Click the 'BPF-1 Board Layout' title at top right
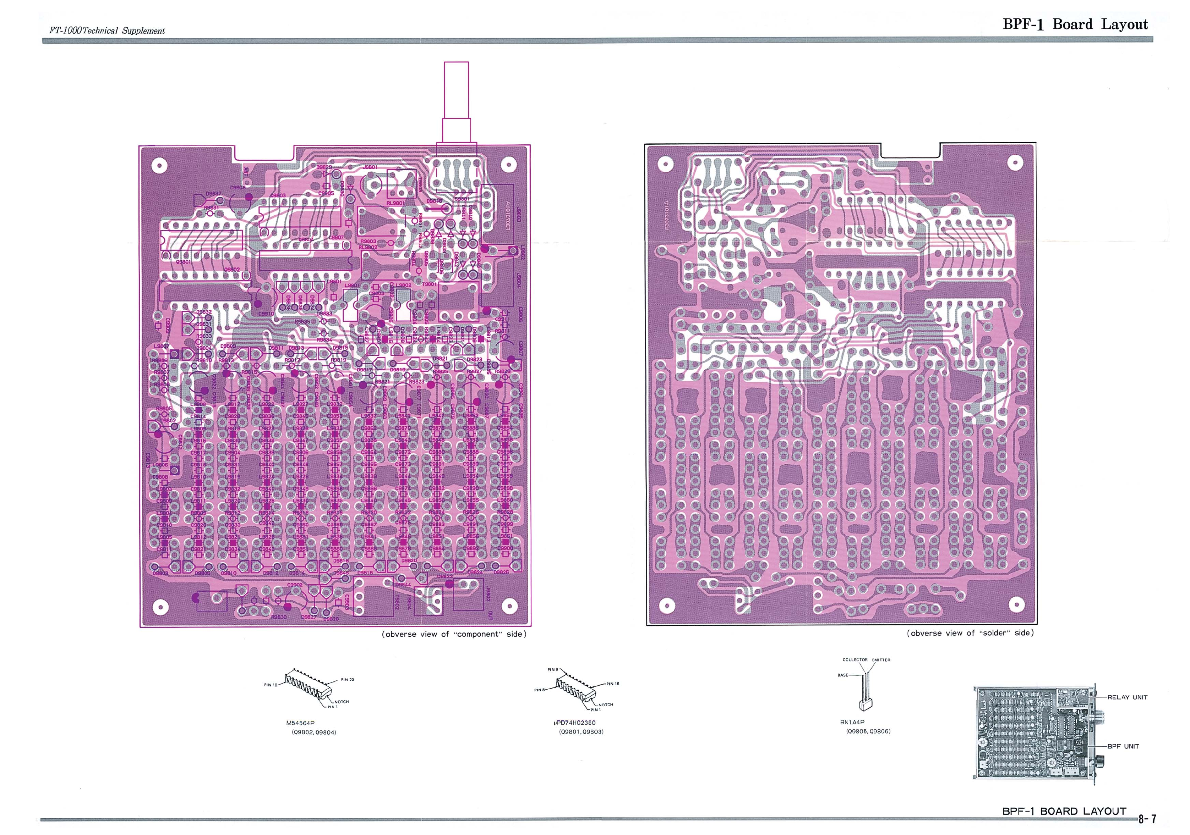coord(1075,24)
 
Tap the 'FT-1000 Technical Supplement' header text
coord(107,31)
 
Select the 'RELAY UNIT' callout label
coord(1127,697)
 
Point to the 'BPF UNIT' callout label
coord(1123,746)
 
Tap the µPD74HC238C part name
coord(574,723)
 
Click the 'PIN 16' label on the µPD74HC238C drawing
coord(613,684)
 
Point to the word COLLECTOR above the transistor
coord(855,660)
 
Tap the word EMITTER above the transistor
coord(881,660)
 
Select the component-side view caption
coord(454,634)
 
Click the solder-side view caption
coord(970,633)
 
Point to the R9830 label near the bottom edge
coord(278,617)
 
